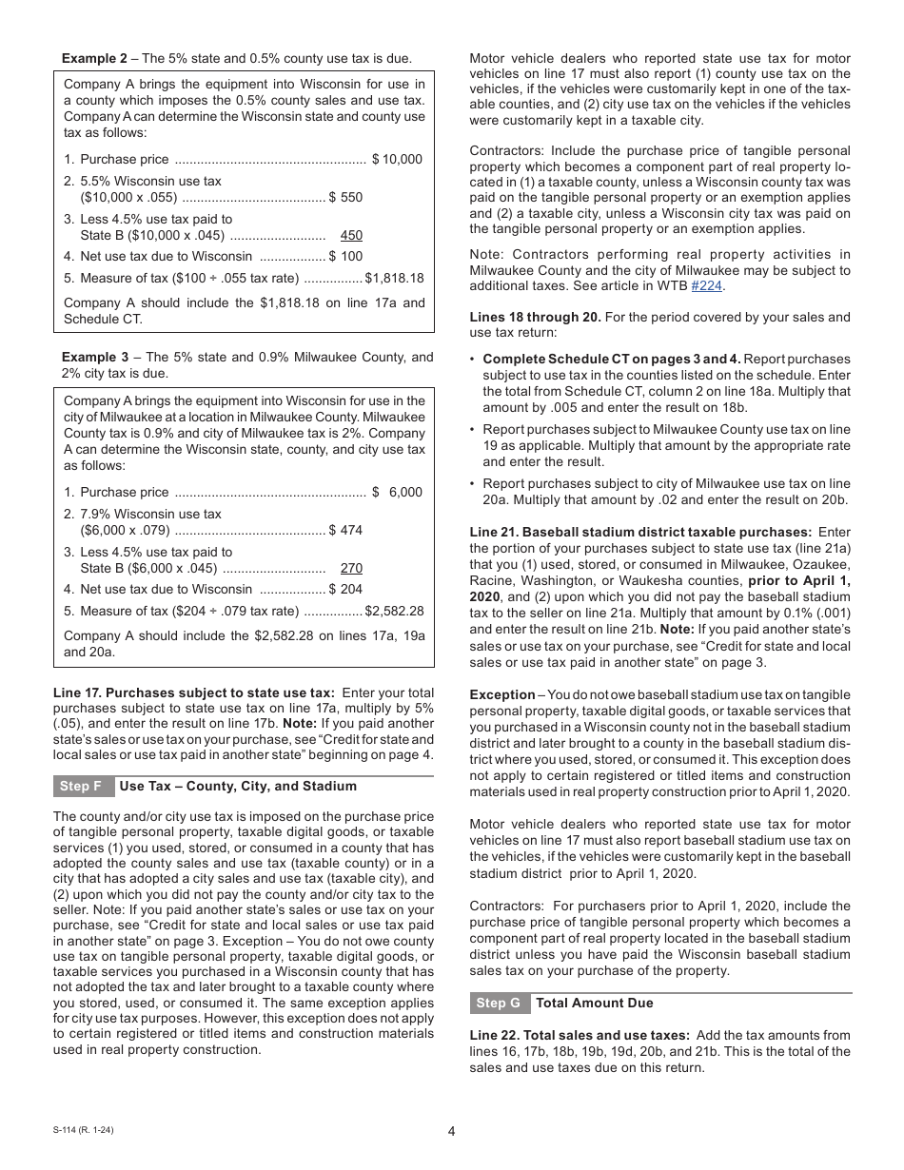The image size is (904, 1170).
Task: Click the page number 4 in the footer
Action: (451, 1131)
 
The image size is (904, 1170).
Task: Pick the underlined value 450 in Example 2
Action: (351, 235)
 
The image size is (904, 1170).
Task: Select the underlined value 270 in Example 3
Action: (351, 568)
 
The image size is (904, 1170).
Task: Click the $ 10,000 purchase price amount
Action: (397, 159)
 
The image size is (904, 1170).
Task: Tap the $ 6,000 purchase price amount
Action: (397, 492)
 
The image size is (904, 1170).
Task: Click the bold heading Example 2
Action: (94, 58)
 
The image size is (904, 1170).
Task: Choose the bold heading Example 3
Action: (94, 357)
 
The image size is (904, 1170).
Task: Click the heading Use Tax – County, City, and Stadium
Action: (238, 786)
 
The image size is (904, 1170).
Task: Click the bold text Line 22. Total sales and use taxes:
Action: (580, 1035)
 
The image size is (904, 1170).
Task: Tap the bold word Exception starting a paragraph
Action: (501, 694)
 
